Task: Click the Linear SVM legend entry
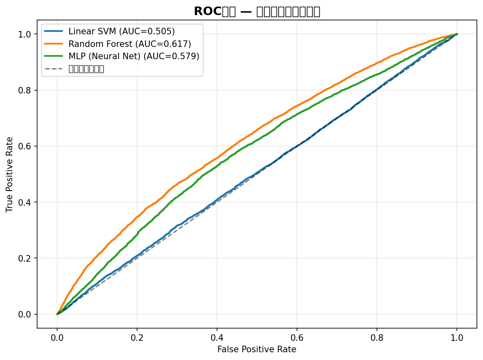[122, 31]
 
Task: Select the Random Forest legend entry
[130, 44]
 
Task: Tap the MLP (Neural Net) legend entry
[134, 56]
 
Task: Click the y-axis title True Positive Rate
[9, 174]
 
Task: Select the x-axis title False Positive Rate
[257, 349]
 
